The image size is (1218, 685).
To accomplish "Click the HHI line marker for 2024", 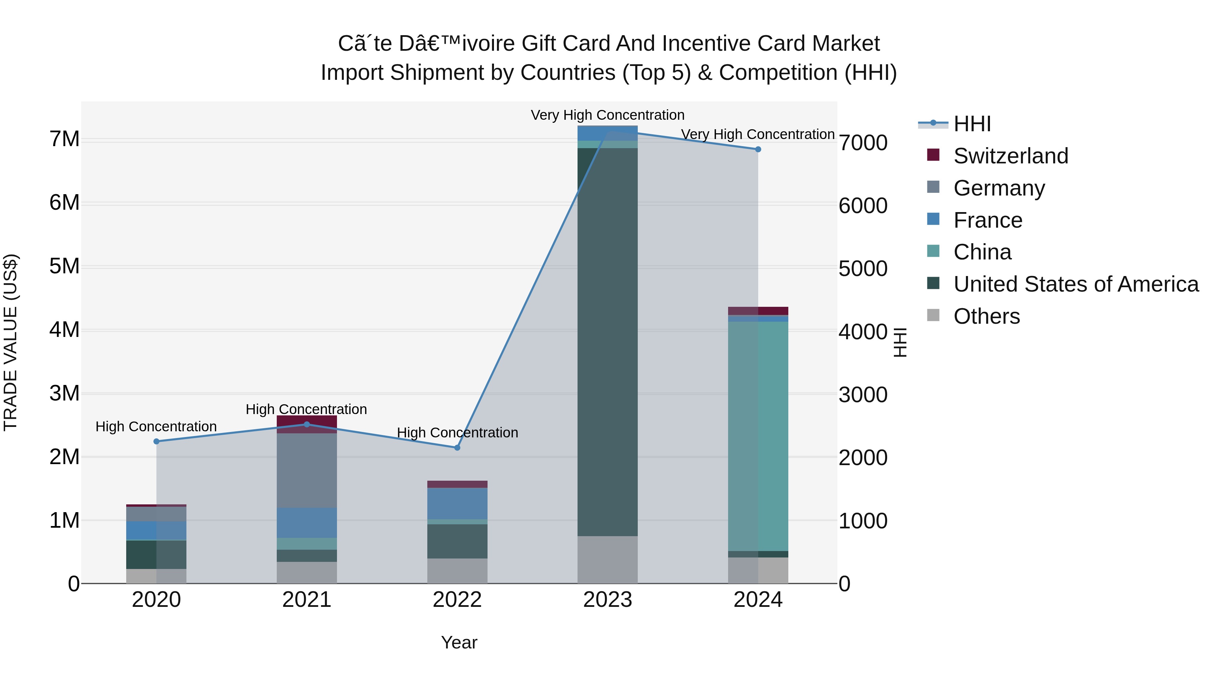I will pos(758,150).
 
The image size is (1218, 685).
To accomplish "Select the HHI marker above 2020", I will pos(157,441).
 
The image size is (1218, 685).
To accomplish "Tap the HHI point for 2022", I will pos(457,448).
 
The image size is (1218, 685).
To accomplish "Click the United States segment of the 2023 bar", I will pos(608,340).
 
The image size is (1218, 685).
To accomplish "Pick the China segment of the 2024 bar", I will pos(758,435).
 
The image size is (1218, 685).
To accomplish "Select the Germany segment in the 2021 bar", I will pos(307,471).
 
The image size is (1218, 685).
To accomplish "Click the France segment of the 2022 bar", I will pos(457,503).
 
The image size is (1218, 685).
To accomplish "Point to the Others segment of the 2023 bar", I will pos(608,560).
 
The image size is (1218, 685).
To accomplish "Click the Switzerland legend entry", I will pos(1010,156).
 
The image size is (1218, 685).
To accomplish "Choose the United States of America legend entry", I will pos(1076,284).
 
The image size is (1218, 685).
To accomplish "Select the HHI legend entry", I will pos(972,124).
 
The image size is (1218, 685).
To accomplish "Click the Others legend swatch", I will pos(933,315).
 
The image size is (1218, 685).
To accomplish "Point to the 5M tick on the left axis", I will pos(64,266).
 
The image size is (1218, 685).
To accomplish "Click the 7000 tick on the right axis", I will pos(863,143).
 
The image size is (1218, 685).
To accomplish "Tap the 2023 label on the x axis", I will pos(608,600).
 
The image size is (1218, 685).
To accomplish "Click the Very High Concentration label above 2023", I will pos(608,115).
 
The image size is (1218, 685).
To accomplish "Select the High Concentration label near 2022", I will pos(457,433).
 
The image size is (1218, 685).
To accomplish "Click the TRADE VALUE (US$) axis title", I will pos(10,342).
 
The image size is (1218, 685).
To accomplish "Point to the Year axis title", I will pos(459,642).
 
